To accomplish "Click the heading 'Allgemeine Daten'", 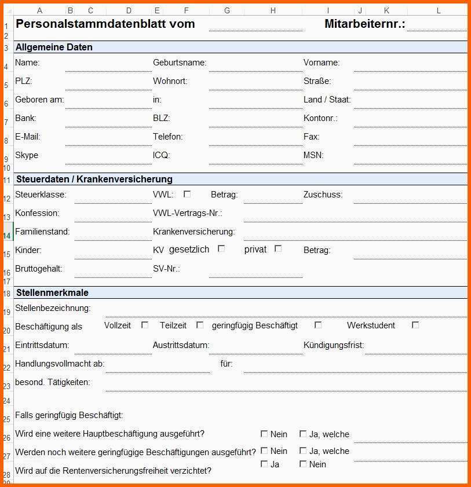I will point(54,47).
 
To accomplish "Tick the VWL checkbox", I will point(187,194).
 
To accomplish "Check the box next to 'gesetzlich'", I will point(221,249).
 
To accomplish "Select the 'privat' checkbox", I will point(278,249).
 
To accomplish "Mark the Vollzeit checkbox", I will point(145,325).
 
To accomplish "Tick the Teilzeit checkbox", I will point(200,325).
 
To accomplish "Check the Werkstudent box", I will point(415,325).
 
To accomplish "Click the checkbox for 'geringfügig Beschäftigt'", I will point(318,325).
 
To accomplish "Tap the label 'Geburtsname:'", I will point(180,63).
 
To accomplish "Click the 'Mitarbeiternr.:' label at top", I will point(364,24).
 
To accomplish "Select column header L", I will point(438,10).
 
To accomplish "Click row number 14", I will point(6,236).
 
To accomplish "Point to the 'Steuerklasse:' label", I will point(41,195).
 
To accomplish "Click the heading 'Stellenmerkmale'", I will point(52,293).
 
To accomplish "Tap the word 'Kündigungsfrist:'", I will point(334,345).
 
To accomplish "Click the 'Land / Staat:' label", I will point(327,100).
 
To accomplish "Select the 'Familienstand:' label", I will point(42,232).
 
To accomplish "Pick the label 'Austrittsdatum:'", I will point(181,345).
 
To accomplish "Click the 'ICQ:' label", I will point(161,155).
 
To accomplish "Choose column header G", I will point(227,10).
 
